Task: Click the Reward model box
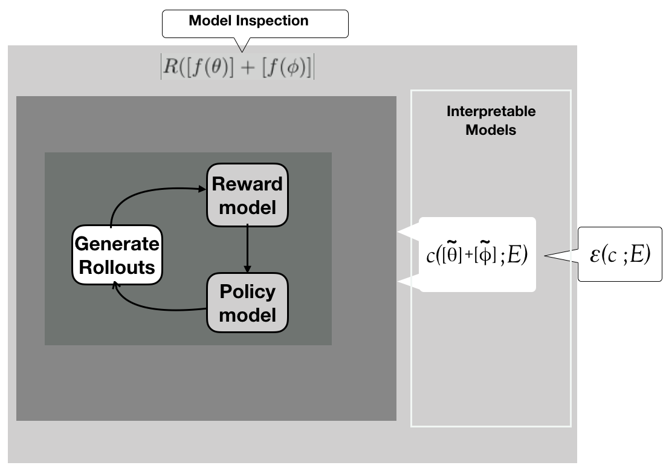(247, 195)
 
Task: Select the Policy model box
(247, 302)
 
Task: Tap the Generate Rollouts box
(117, 255)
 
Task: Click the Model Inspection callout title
(248, 21)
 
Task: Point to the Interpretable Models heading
(491, 120)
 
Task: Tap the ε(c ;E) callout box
(619, 255)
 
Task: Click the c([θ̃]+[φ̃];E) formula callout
(477, 255)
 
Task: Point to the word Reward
(247, 184)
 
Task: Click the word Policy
(247, 291)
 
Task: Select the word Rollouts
(117, 267)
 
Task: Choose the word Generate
(117, 244)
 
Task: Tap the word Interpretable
(491, 112)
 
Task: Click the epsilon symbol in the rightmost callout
(596, 255)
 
